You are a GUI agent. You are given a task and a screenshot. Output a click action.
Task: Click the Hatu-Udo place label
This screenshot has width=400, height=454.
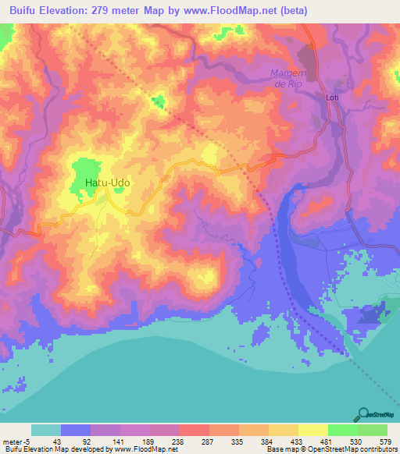(x=107, y=183)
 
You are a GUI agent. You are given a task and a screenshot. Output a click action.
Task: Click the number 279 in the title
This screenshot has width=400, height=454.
(x=107, y=11)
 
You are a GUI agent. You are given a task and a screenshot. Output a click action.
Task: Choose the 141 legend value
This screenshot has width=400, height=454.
(x=121, y=442)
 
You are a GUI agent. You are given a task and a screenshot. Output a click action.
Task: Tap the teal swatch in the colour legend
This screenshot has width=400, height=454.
(x=46, y=430)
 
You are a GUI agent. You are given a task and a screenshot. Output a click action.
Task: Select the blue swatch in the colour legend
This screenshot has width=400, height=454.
(x=76, y=430)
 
